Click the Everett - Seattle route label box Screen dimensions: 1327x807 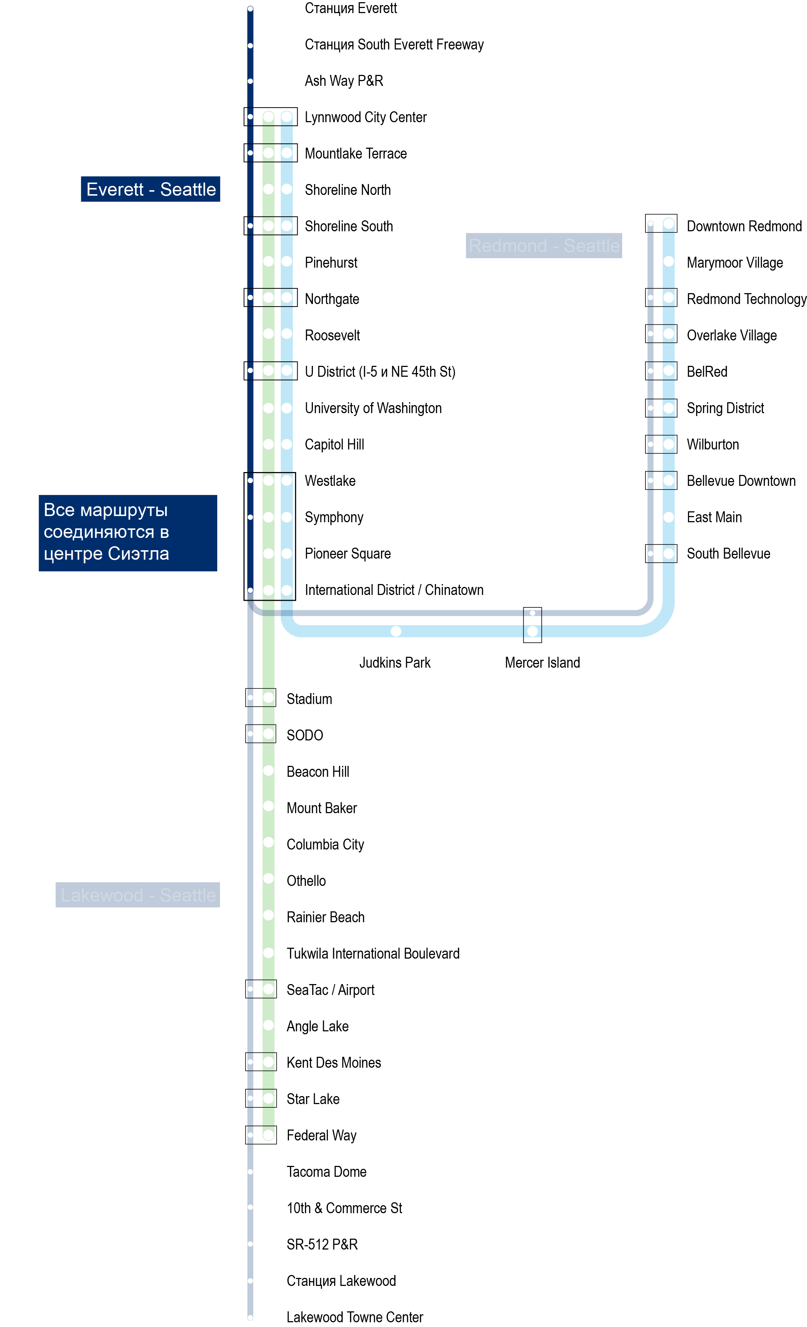(x=150, y=189)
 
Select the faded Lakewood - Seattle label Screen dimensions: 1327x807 (x=138, y=895)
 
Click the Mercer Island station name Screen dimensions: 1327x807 (x=542, y=663)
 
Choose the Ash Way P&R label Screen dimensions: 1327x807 (x=344, y=81)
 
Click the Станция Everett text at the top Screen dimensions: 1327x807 (x=351, y=8)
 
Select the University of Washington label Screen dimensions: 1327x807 (x=373, y=408)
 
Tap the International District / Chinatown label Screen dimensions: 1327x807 (x=394, y=590)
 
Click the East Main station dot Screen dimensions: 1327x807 (x=668, y=517)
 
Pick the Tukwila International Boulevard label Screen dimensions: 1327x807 (x=373, y=953)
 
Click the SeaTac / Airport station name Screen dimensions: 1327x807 (x=330, y=990)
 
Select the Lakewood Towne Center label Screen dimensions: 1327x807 (x=354, y=1317)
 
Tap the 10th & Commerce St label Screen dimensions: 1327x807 (x=344, y=1208)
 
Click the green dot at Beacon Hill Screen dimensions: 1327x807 (x=268, y=770)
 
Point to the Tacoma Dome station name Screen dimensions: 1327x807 (x=326, y=1171)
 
